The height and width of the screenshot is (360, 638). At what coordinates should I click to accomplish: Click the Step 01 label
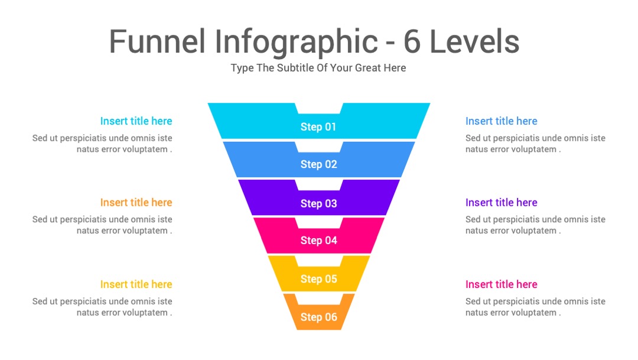coord(318,127)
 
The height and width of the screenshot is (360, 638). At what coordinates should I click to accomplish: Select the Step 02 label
coord(318,164)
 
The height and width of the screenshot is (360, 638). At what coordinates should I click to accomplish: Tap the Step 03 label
coord(318,203)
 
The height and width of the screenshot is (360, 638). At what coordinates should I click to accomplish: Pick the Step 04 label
coord(318,241)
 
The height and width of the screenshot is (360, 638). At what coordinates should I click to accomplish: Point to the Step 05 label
coord(318,279)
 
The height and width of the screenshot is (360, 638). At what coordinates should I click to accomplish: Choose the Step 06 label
coord(318,317)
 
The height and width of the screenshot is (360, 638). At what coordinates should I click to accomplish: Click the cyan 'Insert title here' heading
coord(136,121)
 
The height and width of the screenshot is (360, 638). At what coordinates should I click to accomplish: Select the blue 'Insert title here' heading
coord(502,121)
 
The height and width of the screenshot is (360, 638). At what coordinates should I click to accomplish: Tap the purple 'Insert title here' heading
coord(502,202)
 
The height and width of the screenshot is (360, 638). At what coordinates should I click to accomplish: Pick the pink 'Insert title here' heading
coord(502,284)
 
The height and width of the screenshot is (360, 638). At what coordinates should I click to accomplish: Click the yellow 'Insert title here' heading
coord(136,284)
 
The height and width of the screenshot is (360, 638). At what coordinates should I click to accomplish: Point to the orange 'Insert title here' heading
coord(136,202)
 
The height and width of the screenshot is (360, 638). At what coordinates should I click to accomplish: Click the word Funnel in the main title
coord(157,41)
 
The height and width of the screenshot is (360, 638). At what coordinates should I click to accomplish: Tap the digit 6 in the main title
coord(412,41)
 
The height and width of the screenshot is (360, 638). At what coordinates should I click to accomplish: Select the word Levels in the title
coord(474,41)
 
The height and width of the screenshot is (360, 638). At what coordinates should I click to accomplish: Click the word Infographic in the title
coord(296,43)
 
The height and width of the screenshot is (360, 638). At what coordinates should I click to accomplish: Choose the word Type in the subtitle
coord(242,68)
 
